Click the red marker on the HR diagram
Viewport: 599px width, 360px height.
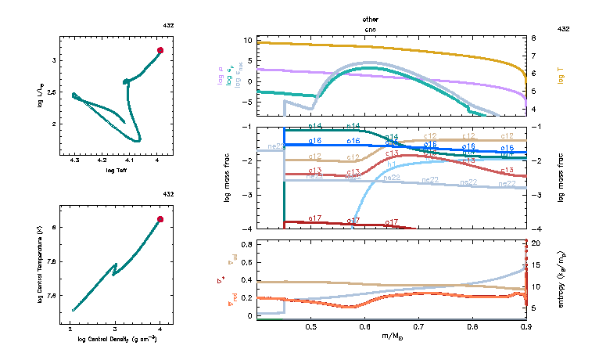pos(160,50)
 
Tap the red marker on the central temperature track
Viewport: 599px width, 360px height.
pos(160,219)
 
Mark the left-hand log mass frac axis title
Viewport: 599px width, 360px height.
pos(228,178)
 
